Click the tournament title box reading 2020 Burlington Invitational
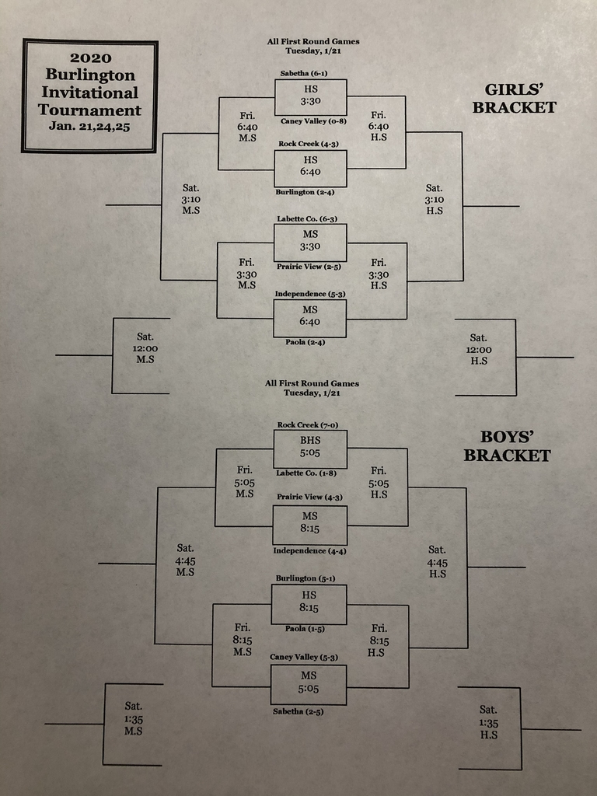pos(90,96)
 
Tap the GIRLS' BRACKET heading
pos(515,99)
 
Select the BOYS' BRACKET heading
pos(507,446)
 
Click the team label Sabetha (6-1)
pos(303,73)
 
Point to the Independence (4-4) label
pos(310,551)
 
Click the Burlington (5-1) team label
pos(307,578)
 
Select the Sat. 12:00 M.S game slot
pos(145,348)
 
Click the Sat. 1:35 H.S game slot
pos(488,722)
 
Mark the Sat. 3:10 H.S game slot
pos(434,199)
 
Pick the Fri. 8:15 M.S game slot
pos(243,640)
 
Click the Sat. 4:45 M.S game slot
pos(185,560)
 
